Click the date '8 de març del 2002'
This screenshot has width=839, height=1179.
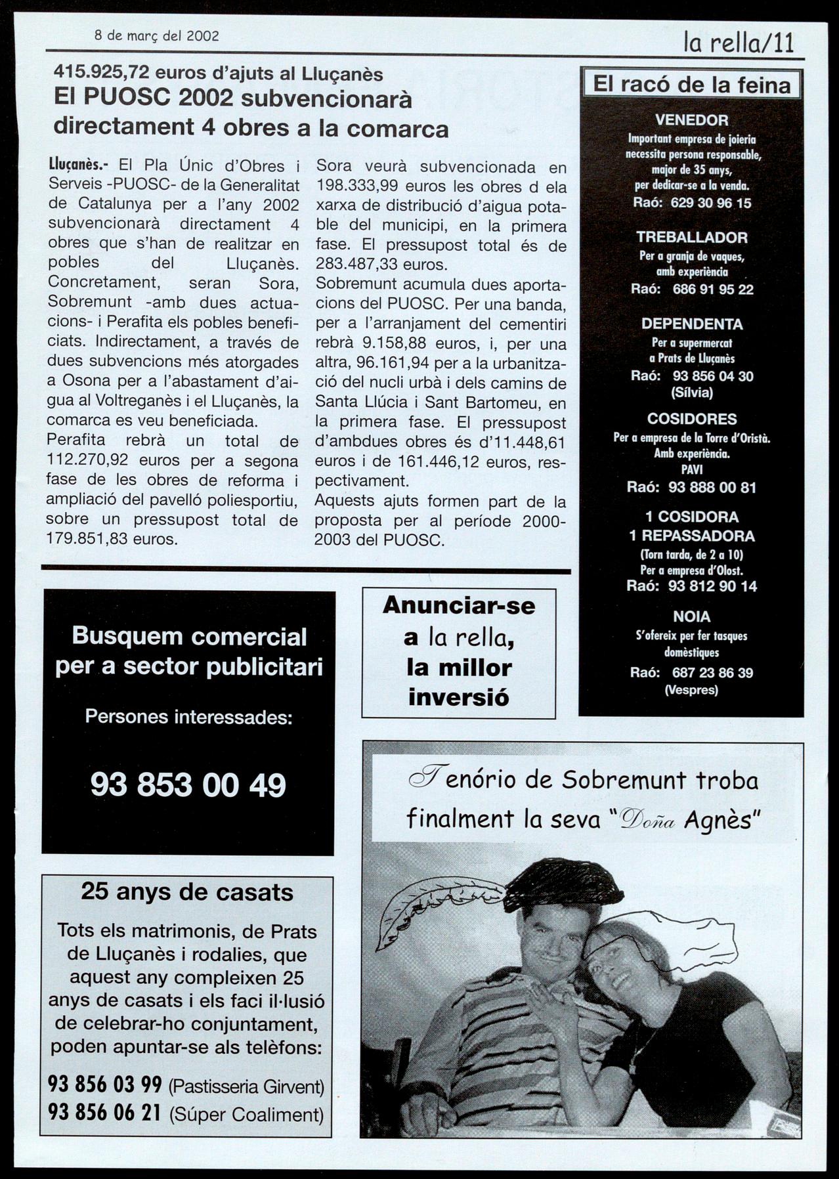click(156, 36)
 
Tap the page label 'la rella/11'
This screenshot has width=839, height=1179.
click(739, 43)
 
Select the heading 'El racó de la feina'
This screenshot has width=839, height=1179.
click(691, 85)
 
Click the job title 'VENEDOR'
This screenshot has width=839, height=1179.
click(691, 120)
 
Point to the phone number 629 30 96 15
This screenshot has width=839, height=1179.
click(710, 203)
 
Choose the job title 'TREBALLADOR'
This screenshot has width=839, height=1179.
click(691, 237)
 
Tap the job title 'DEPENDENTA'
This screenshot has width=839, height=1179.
click(691, 324)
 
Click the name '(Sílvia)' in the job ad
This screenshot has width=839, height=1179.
click(691, 393)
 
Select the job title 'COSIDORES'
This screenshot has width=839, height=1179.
click(691, 419)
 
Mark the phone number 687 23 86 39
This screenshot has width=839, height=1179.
click(712, 672)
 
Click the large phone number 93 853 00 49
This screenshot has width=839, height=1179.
click(188, 784)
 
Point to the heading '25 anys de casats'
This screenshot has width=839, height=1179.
click(187, 892)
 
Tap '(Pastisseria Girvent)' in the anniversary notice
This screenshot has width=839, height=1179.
click(247, 1086)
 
